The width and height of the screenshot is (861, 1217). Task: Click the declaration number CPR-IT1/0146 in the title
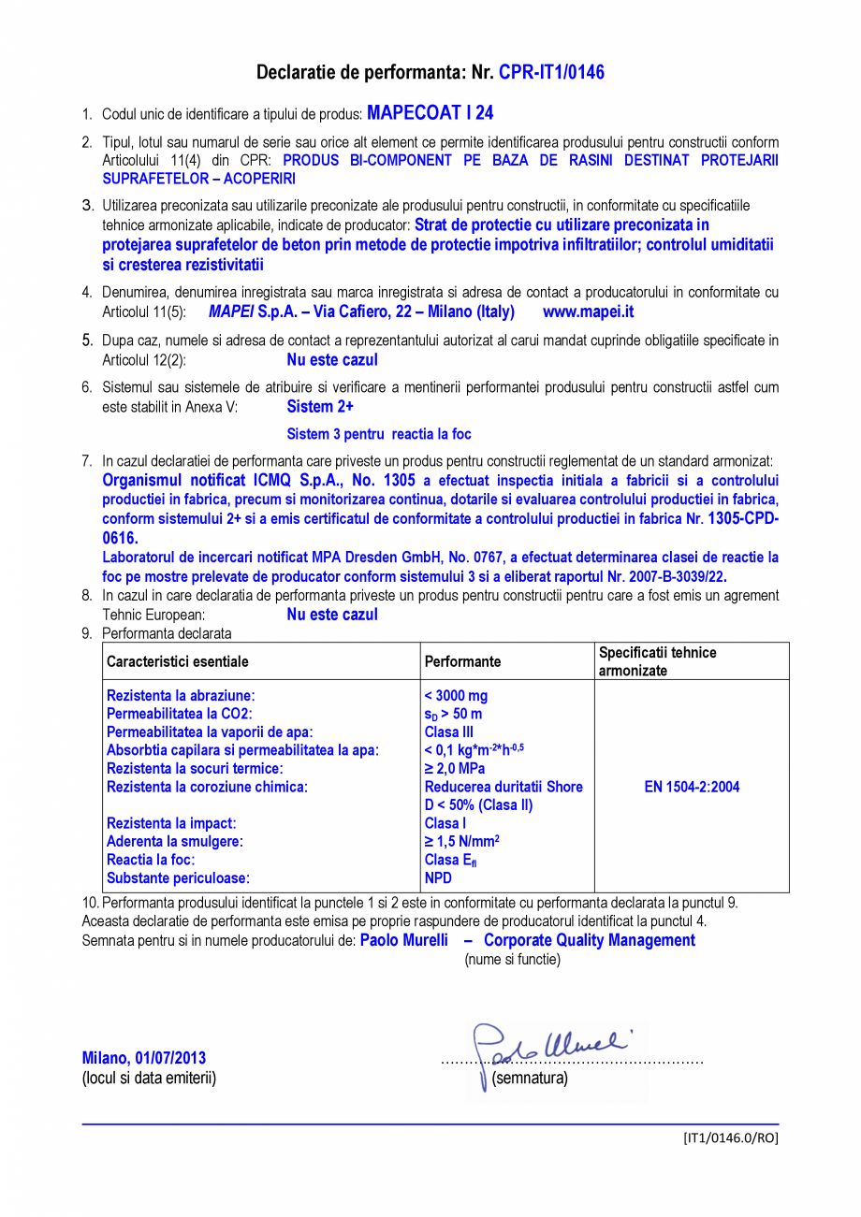pyautogui.click(x=551, y=72)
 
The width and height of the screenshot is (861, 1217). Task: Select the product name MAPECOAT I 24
pyautogui.click(x=430, y=113)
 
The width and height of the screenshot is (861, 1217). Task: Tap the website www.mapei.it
pyautogui.click(x=588, y=311)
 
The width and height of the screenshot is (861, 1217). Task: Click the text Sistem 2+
pyautogui.click(x=319, y=407)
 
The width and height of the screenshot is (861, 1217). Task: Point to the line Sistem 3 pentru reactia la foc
pyautogui.click(x=378, y=434)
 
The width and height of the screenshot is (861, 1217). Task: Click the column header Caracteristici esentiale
pyautogui.click(x=178, y=661)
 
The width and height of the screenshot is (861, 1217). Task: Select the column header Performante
pyautogui.click(x=462, y=661)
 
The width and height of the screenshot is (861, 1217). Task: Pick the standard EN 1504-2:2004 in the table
pyautogui.click(x=692, y=787)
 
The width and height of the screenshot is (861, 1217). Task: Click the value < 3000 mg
pyautogui.click(x=456, y=696)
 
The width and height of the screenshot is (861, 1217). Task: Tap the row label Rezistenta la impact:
pyautogui.click(x=171, y=823)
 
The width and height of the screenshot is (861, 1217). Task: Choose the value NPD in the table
pyautogui.click(x=438, y=877)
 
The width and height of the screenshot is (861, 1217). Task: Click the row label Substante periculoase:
pyautogui.click(x=179, y=877)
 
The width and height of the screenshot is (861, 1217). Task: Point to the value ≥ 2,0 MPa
pyautogui.click(x=455, y=768)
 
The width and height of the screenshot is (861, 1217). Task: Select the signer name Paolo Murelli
pyautogui.click(x=404, y=940)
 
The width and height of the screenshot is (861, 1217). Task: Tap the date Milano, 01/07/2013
pyautogui.click(x=144, y=1058)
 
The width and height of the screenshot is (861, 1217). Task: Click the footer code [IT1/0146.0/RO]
pyautogui.click(x=730, y=1137)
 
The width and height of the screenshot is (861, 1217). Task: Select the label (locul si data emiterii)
pyautogui.click(x=149, y=1078)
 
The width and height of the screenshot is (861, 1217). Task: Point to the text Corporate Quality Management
pyautogui.click(x=590, y=940)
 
